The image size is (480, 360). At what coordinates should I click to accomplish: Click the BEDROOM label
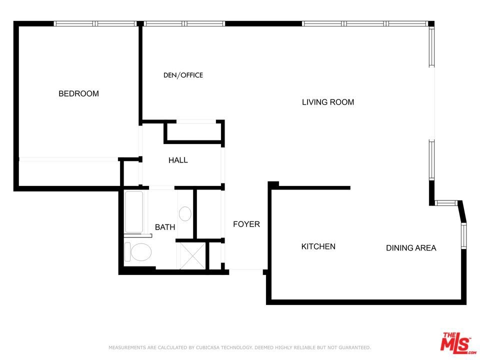[78, 93]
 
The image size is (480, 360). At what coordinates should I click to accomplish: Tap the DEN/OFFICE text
[183, 75]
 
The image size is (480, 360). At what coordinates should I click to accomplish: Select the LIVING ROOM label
[328, 102]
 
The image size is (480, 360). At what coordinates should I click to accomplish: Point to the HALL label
[178, 160]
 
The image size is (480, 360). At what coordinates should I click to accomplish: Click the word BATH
[165, 227]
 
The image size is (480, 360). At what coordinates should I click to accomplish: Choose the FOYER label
[246, 224]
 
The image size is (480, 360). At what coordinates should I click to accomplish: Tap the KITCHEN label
[318, 246]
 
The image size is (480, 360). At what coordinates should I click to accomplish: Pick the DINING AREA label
[411, 248]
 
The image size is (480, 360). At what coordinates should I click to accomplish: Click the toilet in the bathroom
[138, 252]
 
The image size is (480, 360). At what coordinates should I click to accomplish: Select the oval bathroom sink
[185, 213]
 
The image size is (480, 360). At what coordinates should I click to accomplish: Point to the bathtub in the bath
[134, 212]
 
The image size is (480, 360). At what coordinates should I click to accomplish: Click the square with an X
[192, 256]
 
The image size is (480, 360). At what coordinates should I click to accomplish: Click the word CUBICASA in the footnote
[207, 347]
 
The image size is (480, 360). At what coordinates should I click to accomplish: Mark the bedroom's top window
[95, 23]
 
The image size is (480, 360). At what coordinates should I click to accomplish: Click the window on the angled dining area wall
[463, 235]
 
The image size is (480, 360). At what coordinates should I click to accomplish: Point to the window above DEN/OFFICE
[184, 23]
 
